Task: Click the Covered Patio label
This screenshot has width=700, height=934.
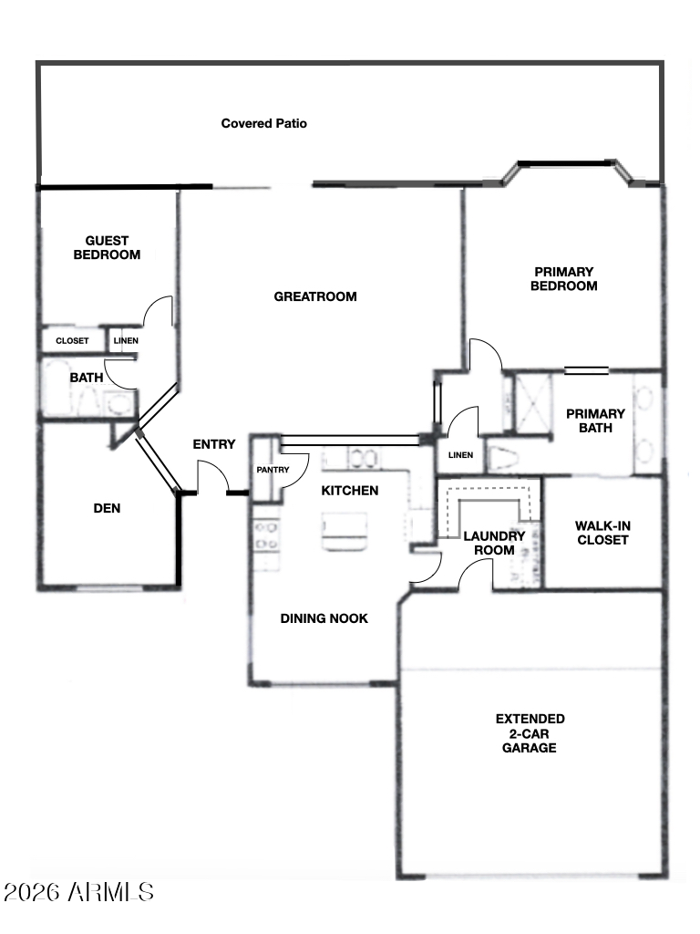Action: (x=263, y=123)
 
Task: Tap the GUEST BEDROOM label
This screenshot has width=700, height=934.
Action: (x=108, y=248)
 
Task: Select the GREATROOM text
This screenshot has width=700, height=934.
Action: (x=315, y=296)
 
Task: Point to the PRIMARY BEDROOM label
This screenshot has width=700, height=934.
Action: (x=563, y=279)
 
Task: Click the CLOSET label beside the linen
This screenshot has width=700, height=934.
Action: (x=72, y=341)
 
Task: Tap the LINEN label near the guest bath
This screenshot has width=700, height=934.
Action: (x=126, y=341)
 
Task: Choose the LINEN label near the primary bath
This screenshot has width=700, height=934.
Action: (x=460, y=455)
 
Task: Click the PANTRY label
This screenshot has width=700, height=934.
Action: (x=273, y=470)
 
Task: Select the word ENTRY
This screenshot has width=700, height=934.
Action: (x=213, y=444)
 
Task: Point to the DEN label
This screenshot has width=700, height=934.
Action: (x=108, y=508)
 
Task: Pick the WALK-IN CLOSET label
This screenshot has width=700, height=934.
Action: (x=602, y=533)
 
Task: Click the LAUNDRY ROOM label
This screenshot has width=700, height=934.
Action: (x=494, y=544)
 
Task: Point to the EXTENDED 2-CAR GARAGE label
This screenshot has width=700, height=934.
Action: (x=530, y=733)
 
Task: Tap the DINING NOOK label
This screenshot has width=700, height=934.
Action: (x=324, y=619)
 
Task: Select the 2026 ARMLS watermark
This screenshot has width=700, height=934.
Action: (x=78, y=892)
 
